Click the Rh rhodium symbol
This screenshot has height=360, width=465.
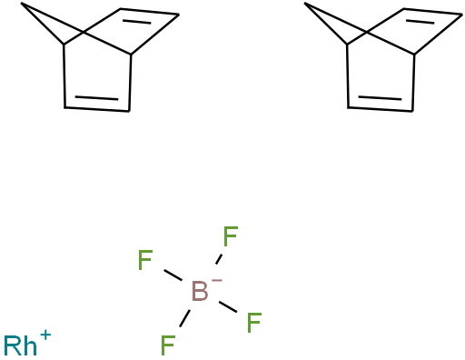20,345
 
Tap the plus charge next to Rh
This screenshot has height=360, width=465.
45,335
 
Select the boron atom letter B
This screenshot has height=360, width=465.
200,291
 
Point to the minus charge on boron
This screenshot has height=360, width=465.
217,281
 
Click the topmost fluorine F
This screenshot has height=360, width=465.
231,236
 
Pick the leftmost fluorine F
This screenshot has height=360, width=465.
145,260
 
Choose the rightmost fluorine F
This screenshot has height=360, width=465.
254,323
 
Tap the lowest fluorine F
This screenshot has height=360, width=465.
168,345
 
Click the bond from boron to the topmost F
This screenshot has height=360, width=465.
219,259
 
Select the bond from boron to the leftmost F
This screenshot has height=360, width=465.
173,275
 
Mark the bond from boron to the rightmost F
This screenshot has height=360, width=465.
228,306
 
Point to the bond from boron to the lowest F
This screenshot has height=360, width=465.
184,318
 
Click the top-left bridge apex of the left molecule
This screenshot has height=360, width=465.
21,4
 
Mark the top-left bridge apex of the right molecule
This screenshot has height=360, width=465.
304,4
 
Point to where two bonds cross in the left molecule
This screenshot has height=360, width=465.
84,32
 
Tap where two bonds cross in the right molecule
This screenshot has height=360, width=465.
367,32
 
